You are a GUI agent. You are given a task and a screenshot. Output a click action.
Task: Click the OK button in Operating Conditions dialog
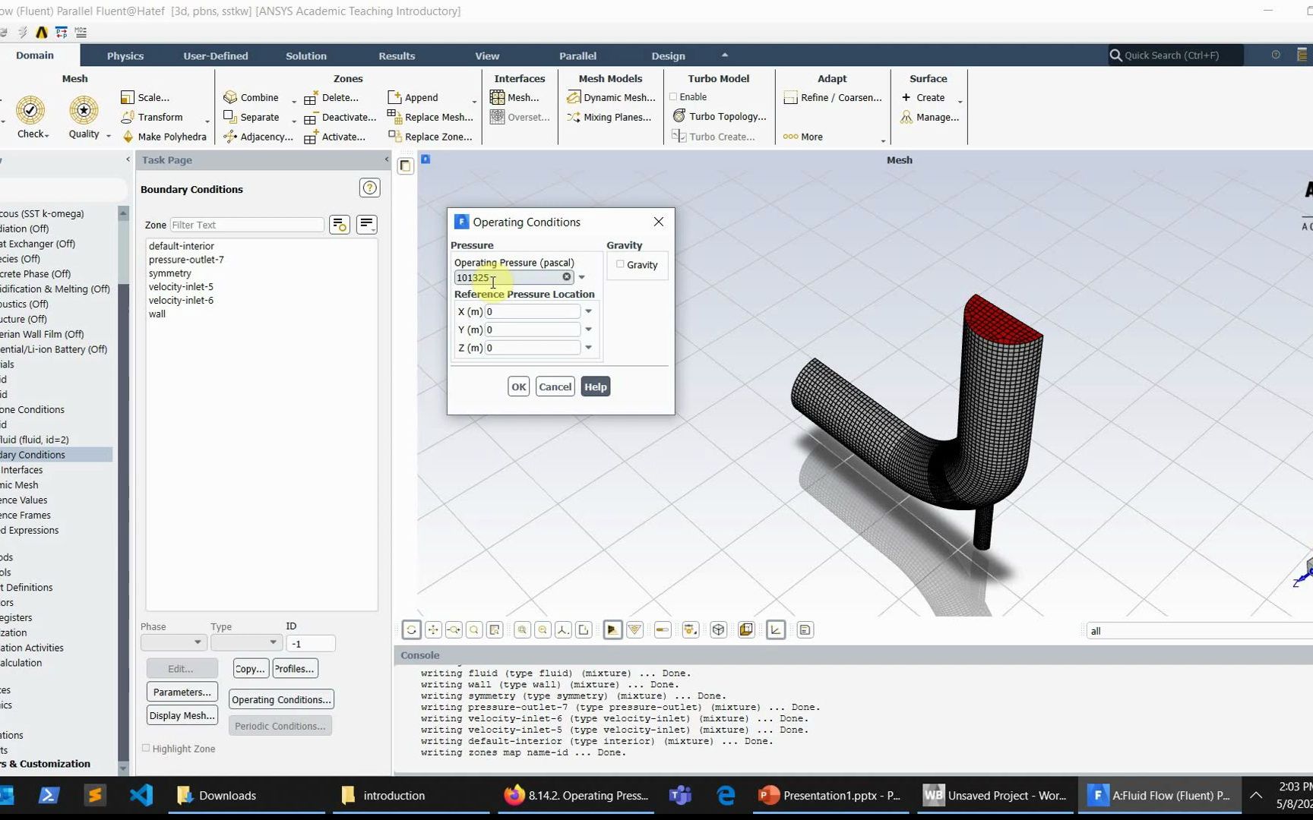click(x=518, y=386)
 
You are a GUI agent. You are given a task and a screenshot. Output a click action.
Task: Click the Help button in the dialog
click(x=595, y=386)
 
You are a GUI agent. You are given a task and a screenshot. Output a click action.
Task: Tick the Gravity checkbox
click(x=621, y=264)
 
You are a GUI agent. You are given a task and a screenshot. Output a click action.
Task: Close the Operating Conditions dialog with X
click(x=658, y=222)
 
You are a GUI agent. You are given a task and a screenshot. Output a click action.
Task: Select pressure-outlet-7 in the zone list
click(x=186, y=260)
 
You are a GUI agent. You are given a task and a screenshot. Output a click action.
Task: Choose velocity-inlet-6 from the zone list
click(x=181, y=301)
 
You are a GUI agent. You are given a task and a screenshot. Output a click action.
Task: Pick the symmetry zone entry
click(x=170, y=273)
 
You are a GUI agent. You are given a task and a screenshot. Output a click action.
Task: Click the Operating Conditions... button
click(x=281, y=699)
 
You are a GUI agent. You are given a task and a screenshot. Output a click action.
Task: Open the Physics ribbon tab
click(x=125, y=55)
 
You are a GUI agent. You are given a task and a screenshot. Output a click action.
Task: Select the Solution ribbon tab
click(x=305, y=55)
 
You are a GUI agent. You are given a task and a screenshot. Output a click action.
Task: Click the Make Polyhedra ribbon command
click(x=172, y=137)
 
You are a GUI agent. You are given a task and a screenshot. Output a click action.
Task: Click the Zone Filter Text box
click(x=246, y=225)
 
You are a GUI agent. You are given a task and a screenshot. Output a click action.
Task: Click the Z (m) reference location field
click(x=533, y=348)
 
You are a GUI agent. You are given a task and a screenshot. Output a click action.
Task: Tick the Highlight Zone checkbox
click(x=146, y=748)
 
